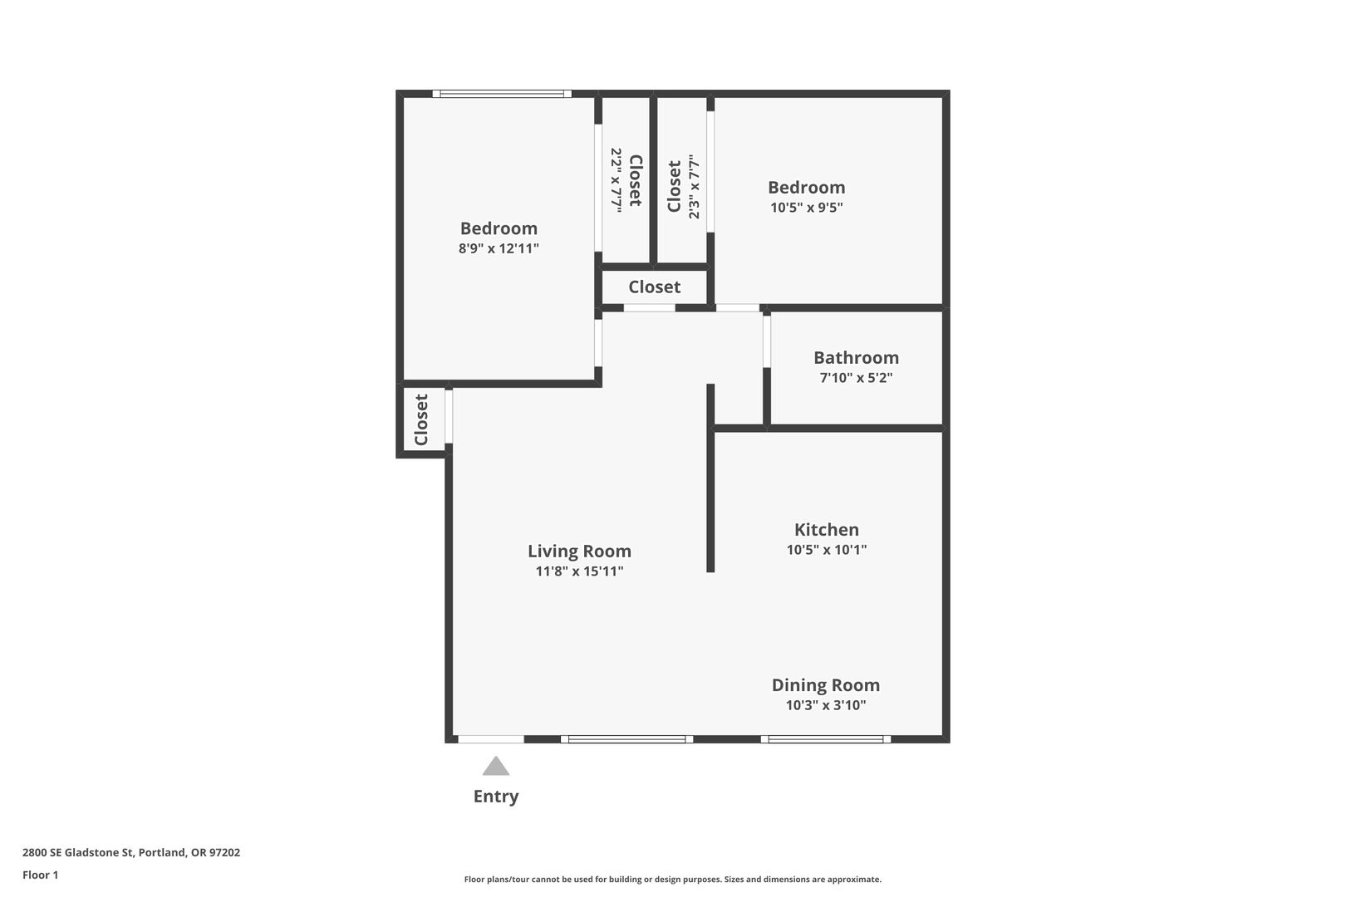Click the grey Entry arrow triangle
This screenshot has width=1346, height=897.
click(496, 766)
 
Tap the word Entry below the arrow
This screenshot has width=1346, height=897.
click(496, 797)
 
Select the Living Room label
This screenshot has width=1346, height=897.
click(579, 551)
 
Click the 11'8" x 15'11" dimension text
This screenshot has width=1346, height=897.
click(579, 571)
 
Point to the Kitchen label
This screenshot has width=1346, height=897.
click(826, 529)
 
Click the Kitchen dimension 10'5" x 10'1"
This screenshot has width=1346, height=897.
click(826, 549)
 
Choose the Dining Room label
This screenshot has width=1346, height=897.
click(826, 685)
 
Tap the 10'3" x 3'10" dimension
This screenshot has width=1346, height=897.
click(826, 705)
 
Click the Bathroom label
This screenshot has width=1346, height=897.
click(857, 357)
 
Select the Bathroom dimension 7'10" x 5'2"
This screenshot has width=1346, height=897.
click(857, 377)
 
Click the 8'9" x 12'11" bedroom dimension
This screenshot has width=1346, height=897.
click(499, 248)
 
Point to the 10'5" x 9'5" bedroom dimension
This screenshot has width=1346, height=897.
click(807, 208)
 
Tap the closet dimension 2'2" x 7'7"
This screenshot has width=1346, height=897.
click(616, 179)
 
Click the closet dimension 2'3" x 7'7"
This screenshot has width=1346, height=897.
click(694, 187)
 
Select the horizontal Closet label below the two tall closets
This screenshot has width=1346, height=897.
click(655, 287)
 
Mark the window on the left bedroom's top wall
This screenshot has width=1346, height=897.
click(502, 94)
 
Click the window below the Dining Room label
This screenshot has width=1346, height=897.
click(826, 739)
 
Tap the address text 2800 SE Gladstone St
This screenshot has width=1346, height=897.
click(78, 852)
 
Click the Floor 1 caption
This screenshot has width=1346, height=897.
click(40, 875)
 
